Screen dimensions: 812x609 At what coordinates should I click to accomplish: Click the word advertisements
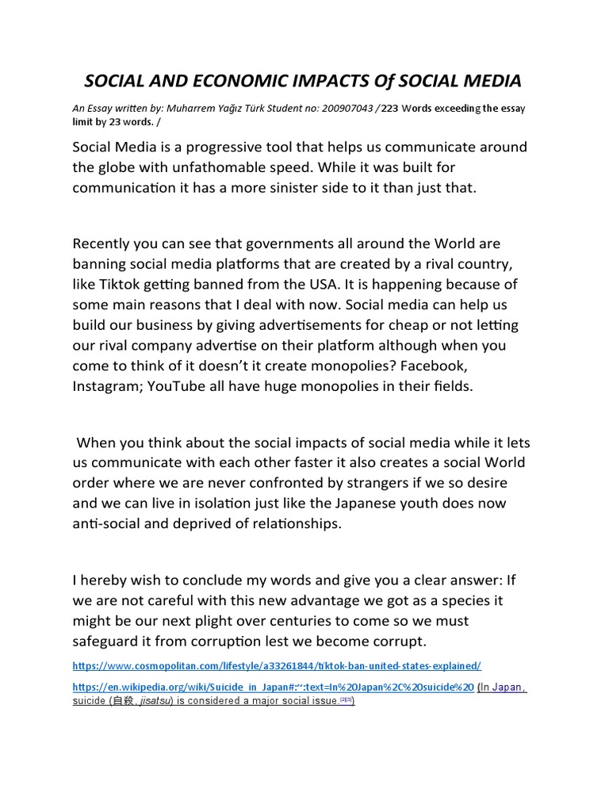coord(293,325)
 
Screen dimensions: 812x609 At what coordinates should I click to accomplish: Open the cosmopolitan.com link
coord(276,665)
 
